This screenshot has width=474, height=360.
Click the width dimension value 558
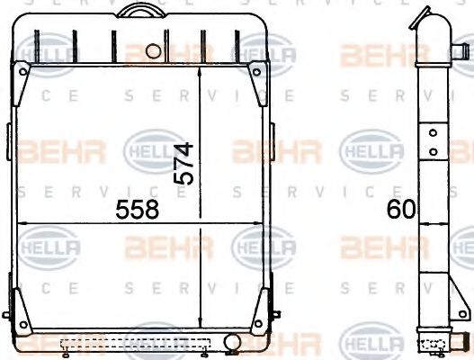pyautogui.click(x=137, y=210)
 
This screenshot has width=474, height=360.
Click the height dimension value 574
pyautogui.click(x=183, y=163)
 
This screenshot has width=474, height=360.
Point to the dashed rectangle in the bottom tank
pyautogui.click(x=134, y=342)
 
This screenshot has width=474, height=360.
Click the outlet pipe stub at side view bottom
pyautogui.click(x=460, y=342)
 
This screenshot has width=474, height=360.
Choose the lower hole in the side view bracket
pyautogui.click(x=433, y=149)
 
